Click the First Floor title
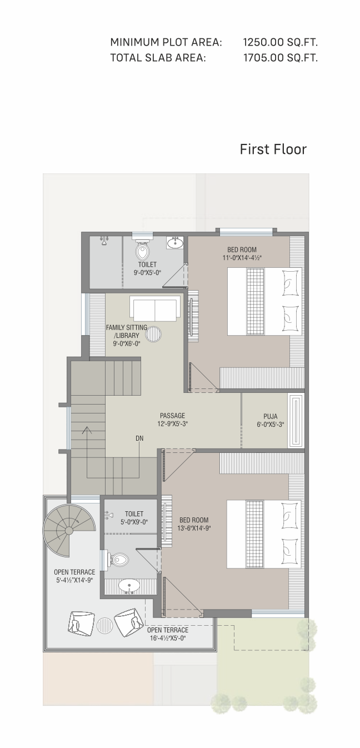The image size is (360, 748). (273, 149)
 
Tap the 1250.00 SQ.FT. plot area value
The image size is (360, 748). (280, 42)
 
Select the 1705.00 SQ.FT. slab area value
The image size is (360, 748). (280, 58)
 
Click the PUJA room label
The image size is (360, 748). (271, 416)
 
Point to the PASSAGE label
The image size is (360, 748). (172, 416)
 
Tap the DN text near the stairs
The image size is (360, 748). (139, 438)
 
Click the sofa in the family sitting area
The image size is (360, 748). (154, 309)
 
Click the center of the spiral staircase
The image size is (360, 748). (69, 530)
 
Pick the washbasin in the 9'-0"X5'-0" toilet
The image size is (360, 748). (174, 242)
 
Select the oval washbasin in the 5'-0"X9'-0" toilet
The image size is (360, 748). (129, 585)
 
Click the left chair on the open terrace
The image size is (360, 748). (80, 622)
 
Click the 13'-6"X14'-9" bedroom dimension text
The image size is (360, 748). (194, 528)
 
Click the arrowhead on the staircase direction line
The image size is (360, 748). (87, 430)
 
